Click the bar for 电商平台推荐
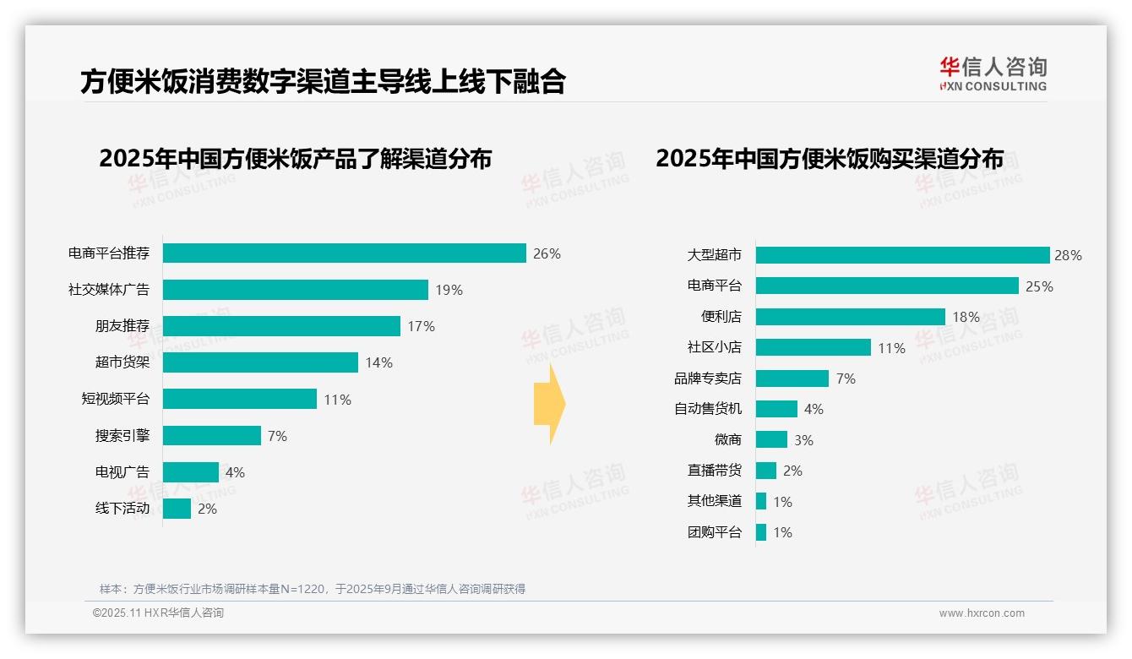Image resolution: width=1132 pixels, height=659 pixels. pos(345,253)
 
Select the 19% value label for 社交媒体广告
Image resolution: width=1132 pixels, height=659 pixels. pos(449,290)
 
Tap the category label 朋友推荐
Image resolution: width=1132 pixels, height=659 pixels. pos(122,326)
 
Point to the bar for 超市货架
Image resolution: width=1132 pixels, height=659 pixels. pos(260,362)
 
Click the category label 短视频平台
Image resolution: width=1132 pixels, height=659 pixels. pos(115,399)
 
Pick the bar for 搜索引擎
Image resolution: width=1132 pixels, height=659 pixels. pos(212,435)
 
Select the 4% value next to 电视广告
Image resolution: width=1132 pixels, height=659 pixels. pos(235,472)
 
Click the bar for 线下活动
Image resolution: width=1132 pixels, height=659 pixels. pos(177,509)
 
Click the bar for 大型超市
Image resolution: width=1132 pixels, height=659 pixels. pos(902,255)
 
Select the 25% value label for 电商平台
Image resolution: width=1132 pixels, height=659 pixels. pos(1039,286)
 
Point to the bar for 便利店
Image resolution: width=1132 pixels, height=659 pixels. pos(850,317)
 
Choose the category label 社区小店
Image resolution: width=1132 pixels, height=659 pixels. pos(714,347)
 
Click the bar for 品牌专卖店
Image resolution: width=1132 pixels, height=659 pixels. pos(792,379)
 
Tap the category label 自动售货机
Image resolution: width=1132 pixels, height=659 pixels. pos(707,409)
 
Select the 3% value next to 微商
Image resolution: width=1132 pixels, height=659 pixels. pos(803,440)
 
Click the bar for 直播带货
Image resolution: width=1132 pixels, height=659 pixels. pos(765,471)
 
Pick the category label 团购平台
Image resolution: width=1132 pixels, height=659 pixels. pos(714,532)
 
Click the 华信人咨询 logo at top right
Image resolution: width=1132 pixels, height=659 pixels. pos(993,74)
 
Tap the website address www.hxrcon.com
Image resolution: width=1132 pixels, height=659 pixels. pos(982,613)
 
